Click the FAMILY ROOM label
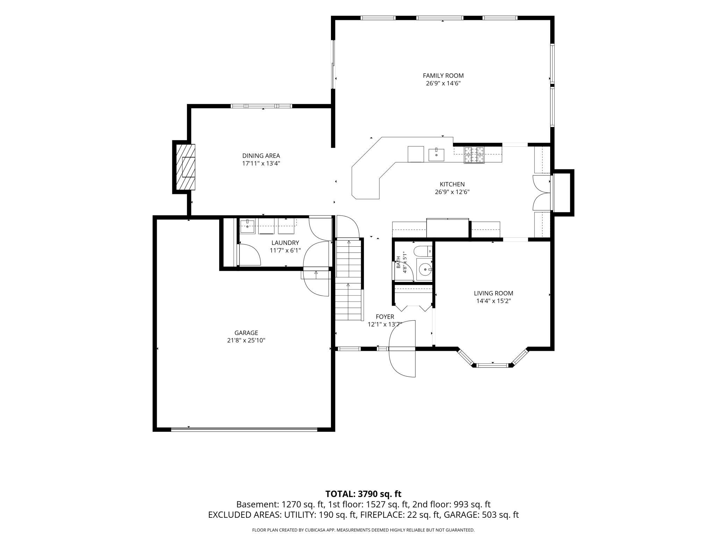click(x=443, y=75)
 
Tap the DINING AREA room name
click(x=261, y=156)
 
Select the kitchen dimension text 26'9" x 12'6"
click(x=452, y=192)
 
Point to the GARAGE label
click(x=246, y=333)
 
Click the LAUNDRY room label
click(x=285, y=243)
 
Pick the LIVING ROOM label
click(x=494, y=293)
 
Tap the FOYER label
click(x=385, y=317)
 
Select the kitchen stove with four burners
click(x=474, y=155)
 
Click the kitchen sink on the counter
click(x=436, y=155)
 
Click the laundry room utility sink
click(x=248, y=226)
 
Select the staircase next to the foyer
click(x=348, y=279)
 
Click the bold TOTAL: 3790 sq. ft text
click(x=363, y=494)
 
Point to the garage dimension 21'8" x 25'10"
click(x=246, y=341)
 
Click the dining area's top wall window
click(x=261, y=106)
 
